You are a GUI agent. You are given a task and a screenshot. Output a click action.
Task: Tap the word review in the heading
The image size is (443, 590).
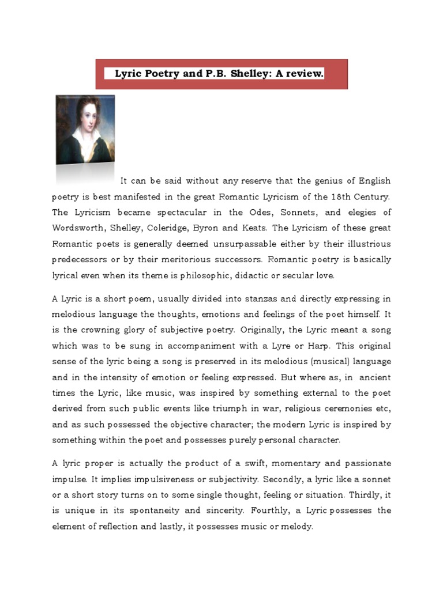coord(304,74)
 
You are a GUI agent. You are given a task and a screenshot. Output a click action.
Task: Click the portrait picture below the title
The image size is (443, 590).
coord(85,130)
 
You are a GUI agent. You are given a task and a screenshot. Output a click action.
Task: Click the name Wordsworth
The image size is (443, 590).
coord(78,228)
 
